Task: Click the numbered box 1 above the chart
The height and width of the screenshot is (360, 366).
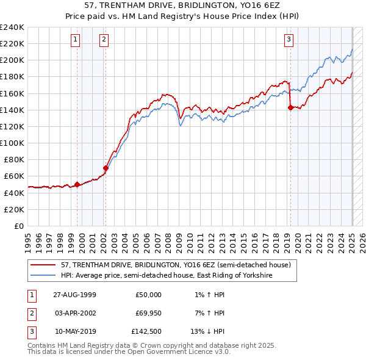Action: point(75,40)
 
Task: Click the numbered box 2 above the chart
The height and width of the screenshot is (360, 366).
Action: point(104,40)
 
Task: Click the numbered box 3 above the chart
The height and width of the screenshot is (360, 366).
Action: point(289,40)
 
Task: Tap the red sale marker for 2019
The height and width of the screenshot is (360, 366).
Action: point(290,108)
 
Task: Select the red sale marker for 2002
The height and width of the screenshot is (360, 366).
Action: point(106,168)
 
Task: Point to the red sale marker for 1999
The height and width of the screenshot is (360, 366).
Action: point(77,184)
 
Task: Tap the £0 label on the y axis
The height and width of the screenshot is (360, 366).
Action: point(18,226)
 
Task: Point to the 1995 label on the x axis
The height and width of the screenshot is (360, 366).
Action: point(28,239)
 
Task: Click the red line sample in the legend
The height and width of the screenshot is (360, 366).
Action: point(44,265)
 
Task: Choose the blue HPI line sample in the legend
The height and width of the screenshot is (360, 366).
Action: point(44,275)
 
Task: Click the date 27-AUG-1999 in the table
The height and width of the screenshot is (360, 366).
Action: point(75,295)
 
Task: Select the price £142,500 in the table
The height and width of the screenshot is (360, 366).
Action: point(146,333)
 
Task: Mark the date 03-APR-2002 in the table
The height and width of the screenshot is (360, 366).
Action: point(75,314)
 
